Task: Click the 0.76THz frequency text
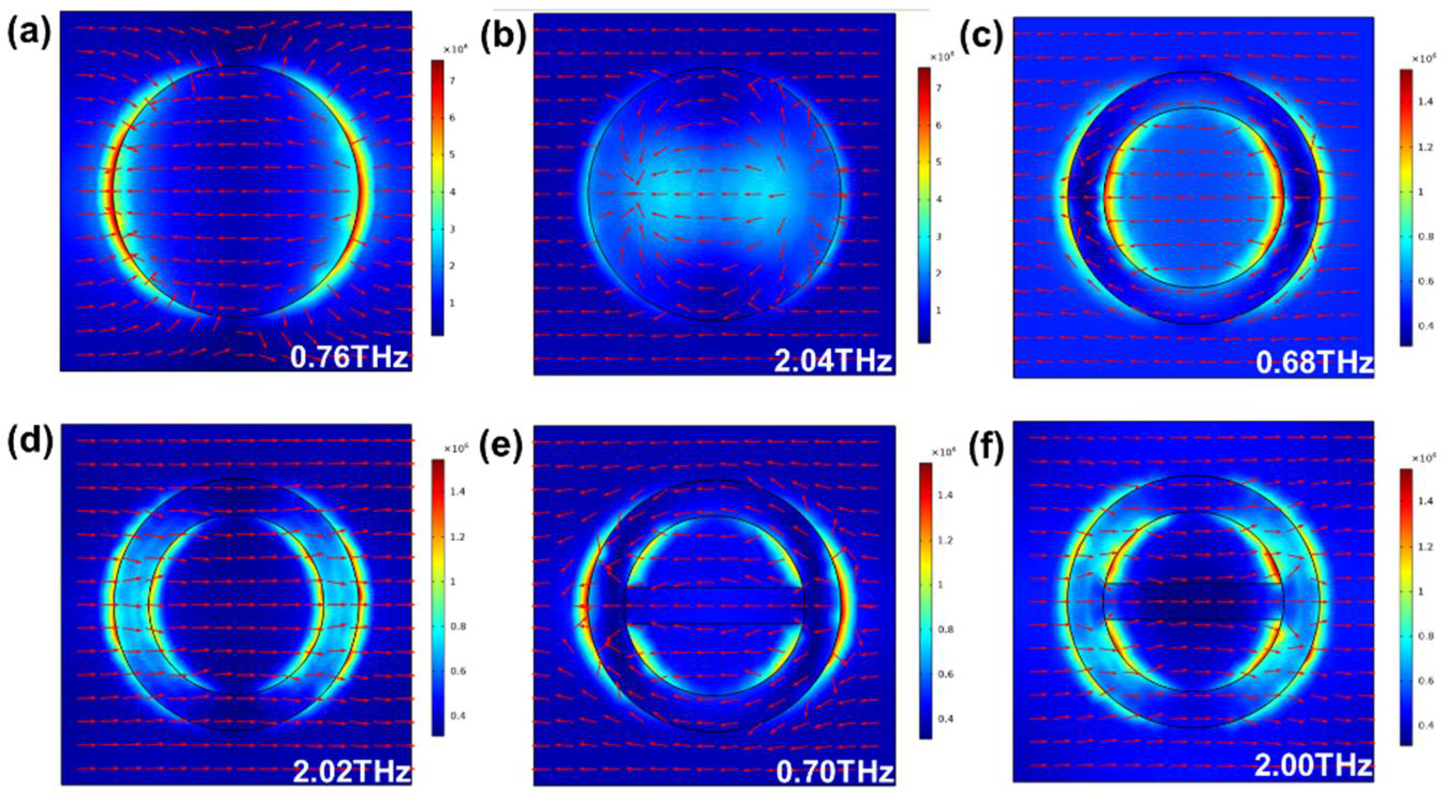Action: click(x=349, y=357)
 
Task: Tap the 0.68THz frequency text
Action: click(x=1313, y=363)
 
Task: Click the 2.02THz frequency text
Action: click(x=351, y=771)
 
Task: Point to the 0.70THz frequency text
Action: click(x=835, y=773)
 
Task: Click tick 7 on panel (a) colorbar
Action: click(x=452, y=81)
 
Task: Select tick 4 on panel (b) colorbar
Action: click(x=938, y=200)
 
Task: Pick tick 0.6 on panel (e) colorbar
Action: click(x=946, y=674)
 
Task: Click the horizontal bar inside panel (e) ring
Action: click(x=714, y=606)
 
